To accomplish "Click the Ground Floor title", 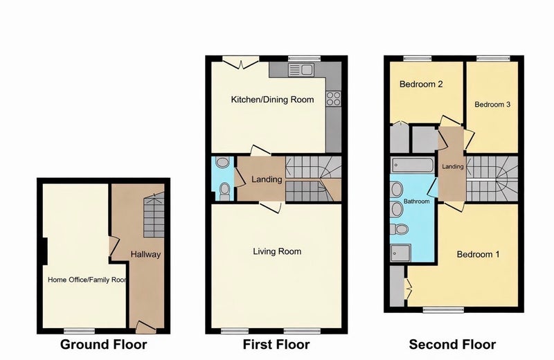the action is pos(103,345).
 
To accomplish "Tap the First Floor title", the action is pos(276,345).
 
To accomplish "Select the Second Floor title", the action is pos(453,345).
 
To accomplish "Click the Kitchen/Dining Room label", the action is pos(272,100).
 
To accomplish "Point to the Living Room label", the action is pos(278,251).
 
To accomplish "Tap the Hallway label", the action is pos(145,254).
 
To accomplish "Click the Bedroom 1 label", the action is pos(478,254).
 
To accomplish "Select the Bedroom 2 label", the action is pos(421,84).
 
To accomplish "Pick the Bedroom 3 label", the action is pos(492,105).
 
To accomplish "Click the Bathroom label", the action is pos(417,201).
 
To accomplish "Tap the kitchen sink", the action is pos(300,70).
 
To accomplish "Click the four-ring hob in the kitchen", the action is pos(334,98).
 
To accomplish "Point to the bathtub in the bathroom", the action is pos(413,165).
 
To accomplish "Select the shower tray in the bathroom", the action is pos(401,253).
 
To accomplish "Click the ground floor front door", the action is pos(146,327).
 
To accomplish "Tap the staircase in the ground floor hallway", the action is pos(154,215).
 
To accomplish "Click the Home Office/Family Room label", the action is pos(87,280).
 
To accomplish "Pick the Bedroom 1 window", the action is pos(443,310).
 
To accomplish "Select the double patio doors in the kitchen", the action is pos(240,62).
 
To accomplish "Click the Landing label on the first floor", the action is pos(267,179).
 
